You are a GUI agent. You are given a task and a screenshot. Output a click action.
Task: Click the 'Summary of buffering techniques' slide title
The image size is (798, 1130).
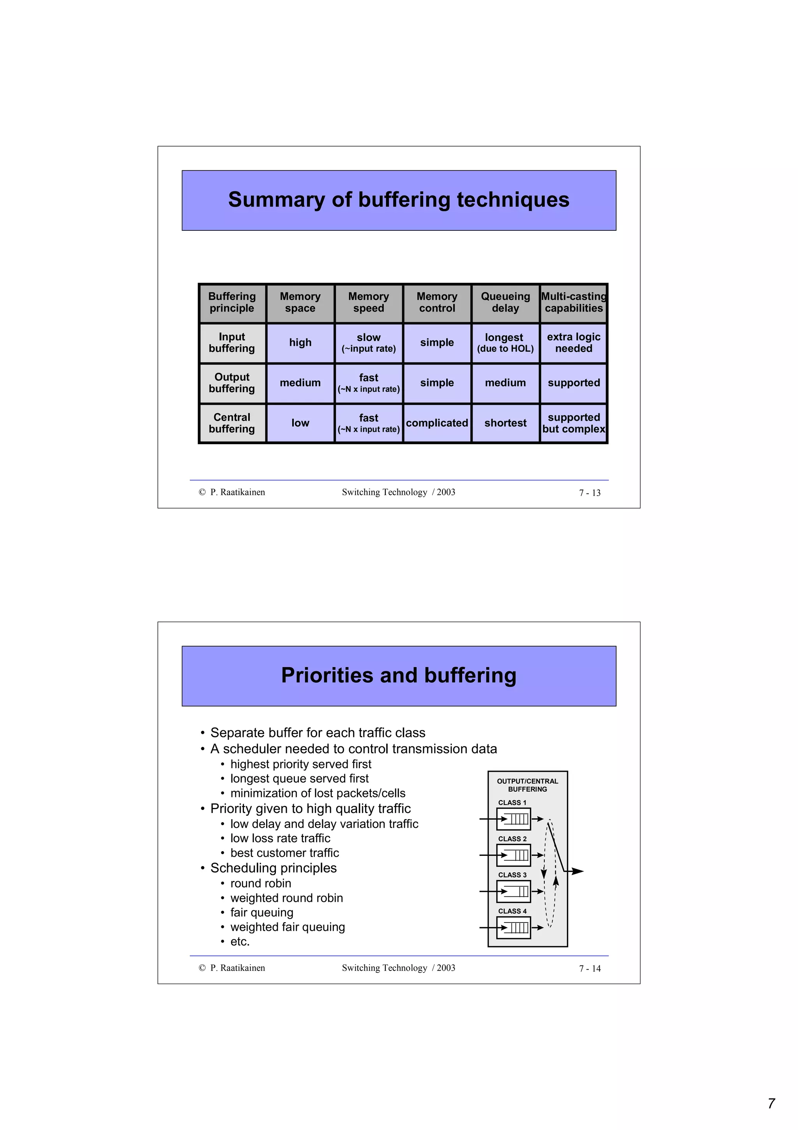point(398,200)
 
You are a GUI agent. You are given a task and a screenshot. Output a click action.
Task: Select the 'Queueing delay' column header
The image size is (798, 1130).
point(505,302)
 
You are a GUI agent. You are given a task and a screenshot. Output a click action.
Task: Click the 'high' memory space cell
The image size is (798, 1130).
point(300,342)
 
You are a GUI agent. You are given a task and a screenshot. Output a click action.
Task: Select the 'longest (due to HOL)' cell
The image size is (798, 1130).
point(505,342)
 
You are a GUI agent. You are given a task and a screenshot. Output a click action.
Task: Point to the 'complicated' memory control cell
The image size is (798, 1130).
point(437,423)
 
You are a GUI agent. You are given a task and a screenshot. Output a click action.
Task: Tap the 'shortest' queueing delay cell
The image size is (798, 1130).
point(505,423)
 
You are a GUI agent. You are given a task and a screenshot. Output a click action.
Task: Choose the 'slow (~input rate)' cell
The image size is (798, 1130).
point(368,342)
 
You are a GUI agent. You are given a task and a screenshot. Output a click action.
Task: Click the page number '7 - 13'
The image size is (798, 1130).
point(590,492)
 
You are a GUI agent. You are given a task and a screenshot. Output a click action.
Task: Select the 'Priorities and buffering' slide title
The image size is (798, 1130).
point(398,675)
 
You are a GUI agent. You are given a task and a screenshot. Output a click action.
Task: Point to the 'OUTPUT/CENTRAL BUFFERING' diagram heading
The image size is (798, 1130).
point(527,785)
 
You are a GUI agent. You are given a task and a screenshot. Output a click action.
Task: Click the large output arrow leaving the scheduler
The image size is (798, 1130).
point(576,871)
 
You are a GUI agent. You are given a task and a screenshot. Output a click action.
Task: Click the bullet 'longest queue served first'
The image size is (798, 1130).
point(299,779)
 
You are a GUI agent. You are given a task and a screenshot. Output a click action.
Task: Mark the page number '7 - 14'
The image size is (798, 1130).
point(590,969)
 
